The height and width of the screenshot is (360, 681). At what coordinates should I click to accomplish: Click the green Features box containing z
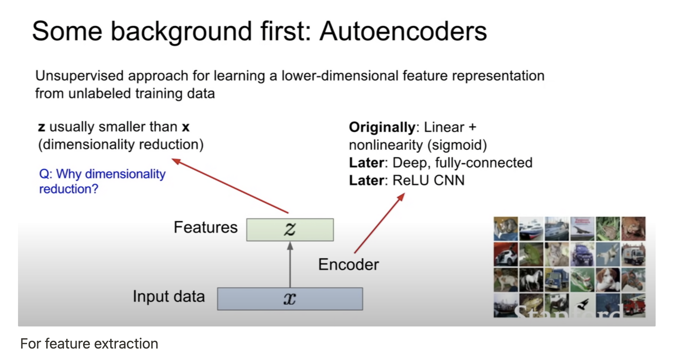click(290, 229)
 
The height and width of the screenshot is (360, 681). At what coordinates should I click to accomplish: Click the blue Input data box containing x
click(290, 299)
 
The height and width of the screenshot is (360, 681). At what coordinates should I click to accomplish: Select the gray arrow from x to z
click(290, 265)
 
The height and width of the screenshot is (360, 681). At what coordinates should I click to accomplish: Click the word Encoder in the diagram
click(348, 265)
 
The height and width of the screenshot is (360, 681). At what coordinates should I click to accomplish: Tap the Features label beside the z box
click(205, 227)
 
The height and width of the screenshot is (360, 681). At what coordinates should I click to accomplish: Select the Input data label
click(169, 297)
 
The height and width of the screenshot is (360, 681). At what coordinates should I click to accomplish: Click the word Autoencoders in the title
click(403, 32)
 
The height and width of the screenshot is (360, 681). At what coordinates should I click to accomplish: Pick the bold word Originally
click(382, 127)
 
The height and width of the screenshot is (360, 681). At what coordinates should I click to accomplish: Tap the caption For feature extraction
click(89, 344)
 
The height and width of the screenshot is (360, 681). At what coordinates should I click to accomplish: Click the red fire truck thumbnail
click(634, 305)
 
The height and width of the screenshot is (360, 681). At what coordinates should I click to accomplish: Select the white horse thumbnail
click(531, 280)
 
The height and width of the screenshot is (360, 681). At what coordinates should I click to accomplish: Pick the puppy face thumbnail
click(608, 280)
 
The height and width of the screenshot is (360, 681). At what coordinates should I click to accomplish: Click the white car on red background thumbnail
click(506, 254)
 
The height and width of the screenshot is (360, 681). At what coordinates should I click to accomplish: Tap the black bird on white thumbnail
click(582, 305)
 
